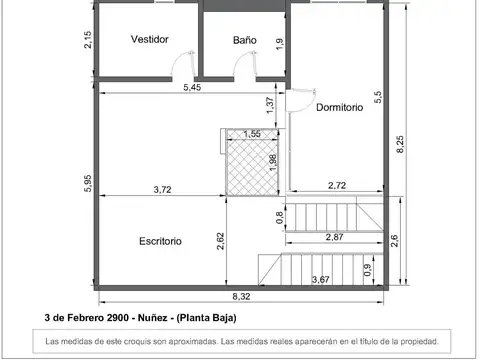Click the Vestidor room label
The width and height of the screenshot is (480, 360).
pyautogui.click(x=149, y=39)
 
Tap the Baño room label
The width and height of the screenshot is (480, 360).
pyautogui.click(x=245, y=40)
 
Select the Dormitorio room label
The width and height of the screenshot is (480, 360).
pyautogui.click(x=339, y=107)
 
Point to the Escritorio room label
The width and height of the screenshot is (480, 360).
pyautogui.click(x=160, y=241)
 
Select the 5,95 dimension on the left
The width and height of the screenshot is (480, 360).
pyautogui.click(x=89, y=185)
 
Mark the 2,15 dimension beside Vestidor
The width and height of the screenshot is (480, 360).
pyautogui.click(x=89, y=40)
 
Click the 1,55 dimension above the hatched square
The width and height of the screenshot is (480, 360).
pyautogui.click(x=252, y=134)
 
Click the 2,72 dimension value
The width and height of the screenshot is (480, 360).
pyautogui.click(x=337, y=185)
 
